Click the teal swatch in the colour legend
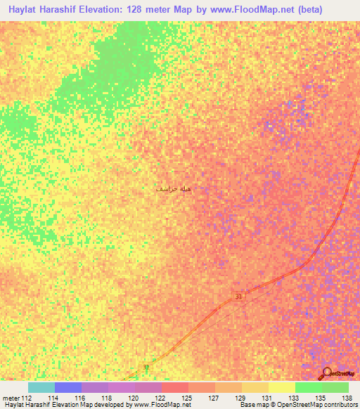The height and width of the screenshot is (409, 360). [x=41, y=387]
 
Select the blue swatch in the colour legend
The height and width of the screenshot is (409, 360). [x=67, y=387]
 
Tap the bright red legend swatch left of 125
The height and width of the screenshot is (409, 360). [x=174, y=387]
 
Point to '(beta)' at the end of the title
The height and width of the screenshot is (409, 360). [x=334, y=11]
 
